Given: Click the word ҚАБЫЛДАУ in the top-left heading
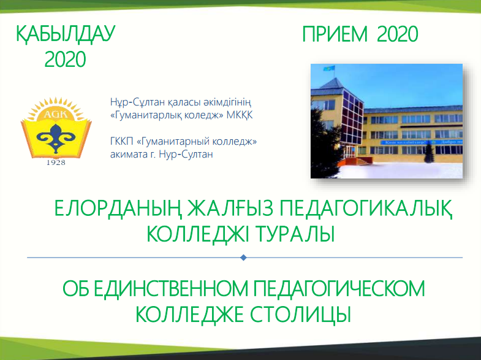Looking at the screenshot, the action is click(66, 34).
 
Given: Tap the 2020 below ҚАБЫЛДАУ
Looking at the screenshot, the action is click(65, 59).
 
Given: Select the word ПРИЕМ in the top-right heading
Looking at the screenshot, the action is click(335, 34).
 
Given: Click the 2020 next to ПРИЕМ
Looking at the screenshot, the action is click(398, 34).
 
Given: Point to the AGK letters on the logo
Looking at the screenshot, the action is click(56, 115).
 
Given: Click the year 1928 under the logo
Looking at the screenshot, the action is click(56, 163).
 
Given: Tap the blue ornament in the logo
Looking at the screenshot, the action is click(56, 139).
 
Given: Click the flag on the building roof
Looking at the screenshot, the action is click(329, 68).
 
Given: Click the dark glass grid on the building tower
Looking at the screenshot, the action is click(353, 118).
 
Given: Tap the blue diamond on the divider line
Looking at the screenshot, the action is click(244, 258).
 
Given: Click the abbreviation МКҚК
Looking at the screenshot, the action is click(240, 115).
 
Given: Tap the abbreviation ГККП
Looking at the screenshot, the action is click(121, 142).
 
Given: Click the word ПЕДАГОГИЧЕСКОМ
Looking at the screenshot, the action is click(339, 288).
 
